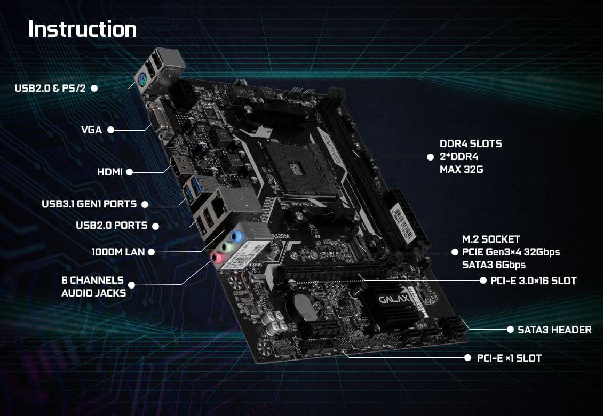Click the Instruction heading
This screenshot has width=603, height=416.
82,29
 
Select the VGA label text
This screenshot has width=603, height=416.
91,130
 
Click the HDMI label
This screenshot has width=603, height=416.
110,172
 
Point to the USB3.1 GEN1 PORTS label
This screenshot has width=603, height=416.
89,204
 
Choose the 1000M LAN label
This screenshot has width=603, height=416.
118,252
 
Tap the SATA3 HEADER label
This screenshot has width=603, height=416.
554,330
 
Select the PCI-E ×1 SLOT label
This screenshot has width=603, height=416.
509,358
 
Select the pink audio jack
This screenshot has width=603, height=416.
216,258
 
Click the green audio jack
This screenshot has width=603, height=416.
225,246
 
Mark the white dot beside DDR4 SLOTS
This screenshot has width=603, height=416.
430,157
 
